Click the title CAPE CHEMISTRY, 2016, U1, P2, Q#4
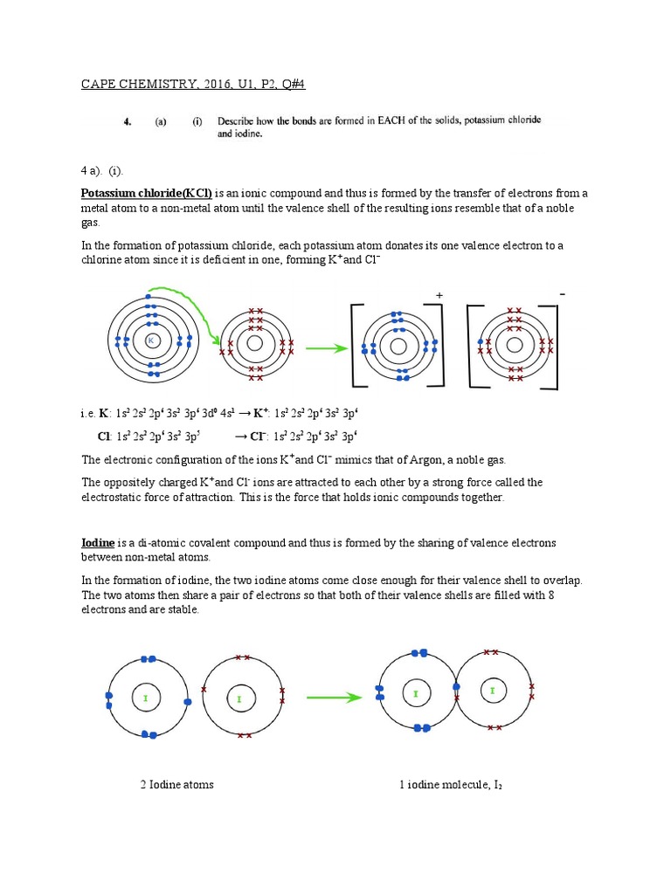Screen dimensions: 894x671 tap(193, 84)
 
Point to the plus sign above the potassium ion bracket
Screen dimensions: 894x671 tap(439, 297)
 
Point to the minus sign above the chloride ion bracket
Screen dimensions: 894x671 tap(563, 295)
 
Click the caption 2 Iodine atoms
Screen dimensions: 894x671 tap(176, 784)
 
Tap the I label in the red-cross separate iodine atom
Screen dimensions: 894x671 tap(239, 699)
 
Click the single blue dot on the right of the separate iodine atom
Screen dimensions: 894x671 tap(187, 701)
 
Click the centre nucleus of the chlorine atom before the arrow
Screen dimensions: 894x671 tap(254, 344)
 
